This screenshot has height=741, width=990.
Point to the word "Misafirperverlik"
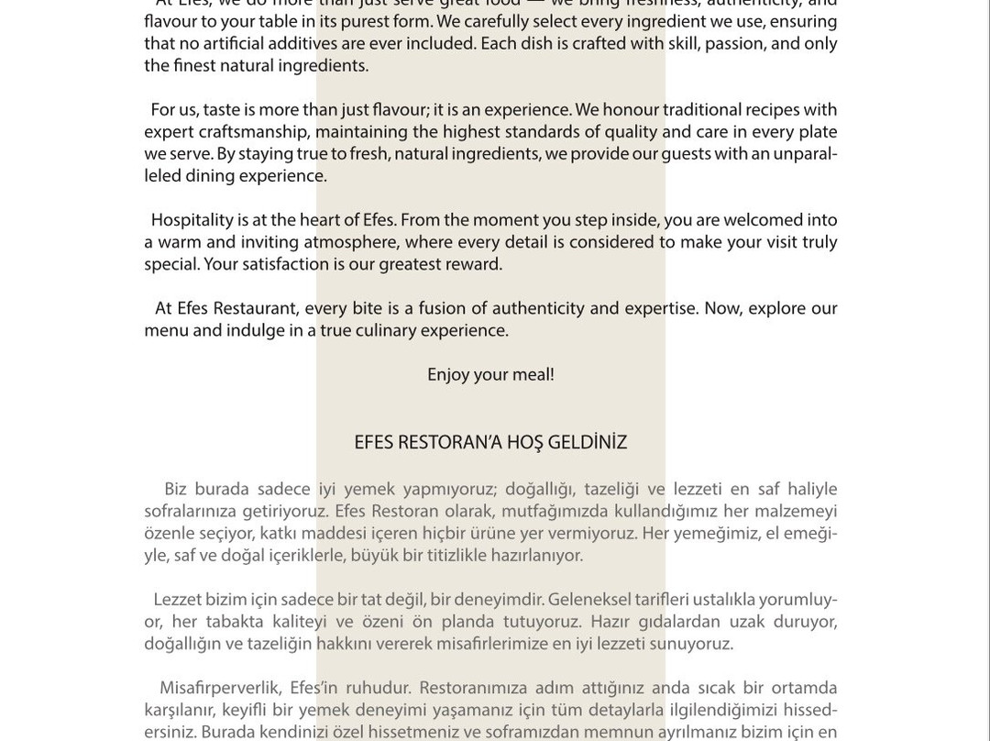coord(219,688)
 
